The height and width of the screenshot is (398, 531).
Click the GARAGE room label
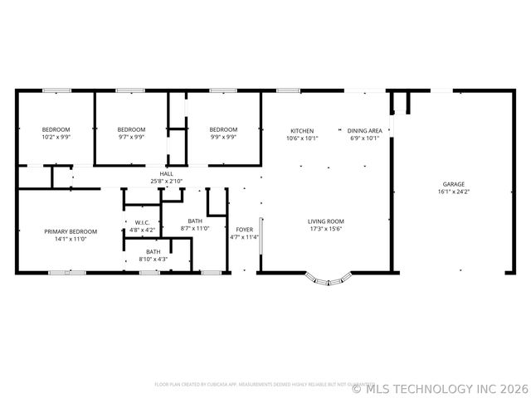(x=453, y=184)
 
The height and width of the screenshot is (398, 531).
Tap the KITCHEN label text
(x=301, y=130)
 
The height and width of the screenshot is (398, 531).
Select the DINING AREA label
(x=364, y=130)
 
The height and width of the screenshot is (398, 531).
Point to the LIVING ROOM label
(x=325, y=221)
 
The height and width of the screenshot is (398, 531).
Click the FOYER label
(x=244, y=230)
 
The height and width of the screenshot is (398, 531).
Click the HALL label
(x=166, y=174)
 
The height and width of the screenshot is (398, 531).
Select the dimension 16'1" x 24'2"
(x=453, y=192)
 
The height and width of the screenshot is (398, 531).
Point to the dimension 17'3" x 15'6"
(x=325, y=229)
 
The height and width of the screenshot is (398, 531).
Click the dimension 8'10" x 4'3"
(x=153, y=259)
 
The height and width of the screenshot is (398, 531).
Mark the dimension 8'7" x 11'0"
(x=195, y=228)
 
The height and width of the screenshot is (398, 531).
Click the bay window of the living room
(x=328, y=280)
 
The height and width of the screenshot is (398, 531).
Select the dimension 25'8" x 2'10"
(x=166, y=181)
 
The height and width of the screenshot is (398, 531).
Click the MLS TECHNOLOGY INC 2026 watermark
(x=440, y=388)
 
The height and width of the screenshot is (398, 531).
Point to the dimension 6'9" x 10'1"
(x=364, y=138)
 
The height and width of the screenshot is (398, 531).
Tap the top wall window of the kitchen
(x=288, y=90)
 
